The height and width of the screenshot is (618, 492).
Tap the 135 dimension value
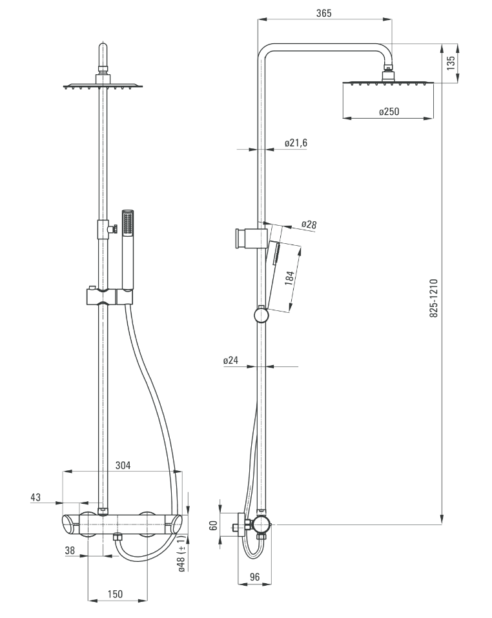pyautogui.click(x=451, y=63)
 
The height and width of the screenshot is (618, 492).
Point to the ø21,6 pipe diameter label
pyautogui.click(x=295, y=143)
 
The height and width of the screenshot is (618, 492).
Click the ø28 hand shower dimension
pyautogui.click(x=308, y=224)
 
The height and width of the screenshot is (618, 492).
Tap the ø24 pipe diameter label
pyautogui.click(x=231, y=361)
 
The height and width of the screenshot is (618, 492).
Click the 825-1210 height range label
pyautogui.click(x=434, y=297)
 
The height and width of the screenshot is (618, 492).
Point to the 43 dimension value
pyautogui.click(x=36, y=497)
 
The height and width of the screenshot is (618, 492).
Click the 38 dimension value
pyautogui.click(x=70, y=550)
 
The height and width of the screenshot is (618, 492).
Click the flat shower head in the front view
pyautogui.click(x=102, y=85)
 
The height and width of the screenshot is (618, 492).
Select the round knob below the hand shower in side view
pyautogui.click(x=261, y=315)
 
